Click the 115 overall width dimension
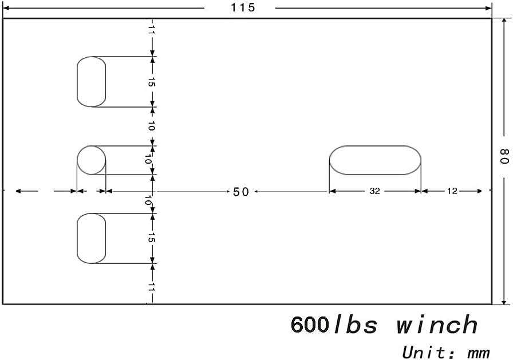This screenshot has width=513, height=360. [x=242, y=8]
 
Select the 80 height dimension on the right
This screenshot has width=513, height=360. [x=504, y=156]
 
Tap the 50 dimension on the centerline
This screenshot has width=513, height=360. [x=241, y=192]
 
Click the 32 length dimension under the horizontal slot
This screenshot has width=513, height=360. [x=374, y=191]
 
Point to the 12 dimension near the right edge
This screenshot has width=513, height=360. [x=452, y=191]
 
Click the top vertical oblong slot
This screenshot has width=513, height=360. [x=92, y=82]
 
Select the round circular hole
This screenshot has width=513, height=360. [x=92, y=160]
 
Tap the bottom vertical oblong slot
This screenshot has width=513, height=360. [x=92, y=238]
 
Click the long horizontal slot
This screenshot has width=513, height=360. [x=375, y=160]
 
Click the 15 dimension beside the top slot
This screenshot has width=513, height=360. [x=152, y=82]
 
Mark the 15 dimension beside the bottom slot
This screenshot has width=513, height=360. [x=152, y=238]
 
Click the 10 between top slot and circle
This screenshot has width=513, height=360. [x=152, y=126]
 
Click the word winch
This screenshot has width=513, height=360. [x=437, y=325]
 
